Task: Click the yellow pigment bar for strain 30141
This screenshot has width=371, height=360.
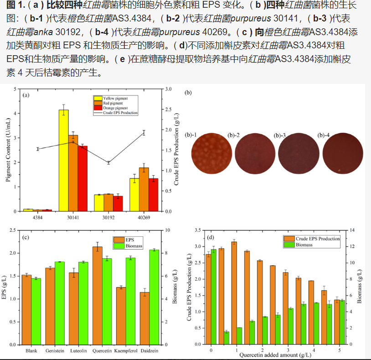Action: click(64, 160)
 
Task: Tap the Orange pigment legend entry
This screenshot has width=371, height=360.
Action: click(115, 108)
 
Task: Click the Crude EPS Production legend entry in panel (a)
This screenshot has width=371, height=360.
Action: click(120, 113)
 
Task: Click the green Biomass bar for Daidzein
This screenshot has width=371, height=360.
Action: click(154, 297)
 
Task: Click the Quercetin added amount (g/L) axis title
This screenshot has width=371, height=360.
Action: click(276, 356)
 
